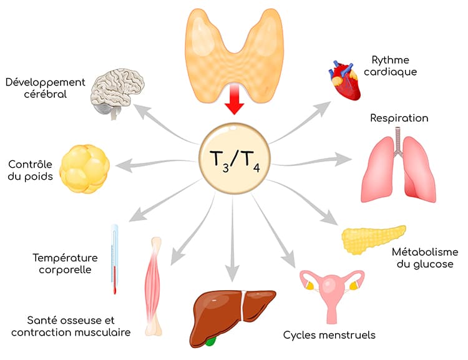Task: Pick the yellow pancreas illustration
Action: (x=373, y=240)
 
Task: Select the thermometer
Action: (x=115, y=258)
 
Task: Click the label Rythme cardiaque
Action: (x=394, y=66)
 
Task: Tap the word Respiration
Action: (x=399, y=118)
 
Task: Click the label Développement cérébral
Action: (x=44, y=88)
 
